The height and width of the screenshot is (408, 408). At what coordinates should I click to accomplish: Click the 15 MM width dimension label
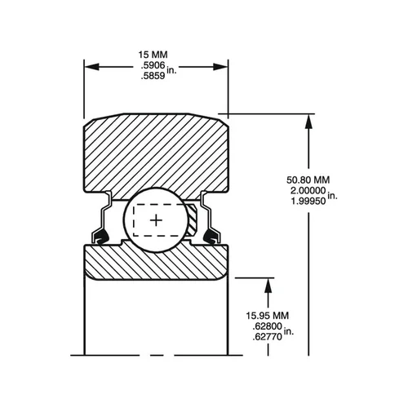(153, 55)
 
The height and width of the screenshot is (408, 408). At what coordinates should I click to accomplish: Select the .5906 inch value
(153, 65)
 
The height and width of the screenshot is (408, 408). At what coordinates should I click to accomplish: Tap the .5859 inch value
(153, 76)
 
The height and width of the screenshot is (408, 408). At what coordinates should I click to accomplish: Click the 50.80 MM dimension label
(308, 180)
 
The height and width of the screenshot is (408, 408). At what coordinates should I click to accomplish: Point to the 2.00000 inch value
(308, 190)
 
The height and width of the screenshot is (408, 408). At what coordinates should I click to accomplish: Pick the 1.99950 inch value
(308, 201)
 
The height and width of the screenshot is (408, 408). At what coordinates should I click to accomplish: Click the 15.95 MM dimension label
(268, 316)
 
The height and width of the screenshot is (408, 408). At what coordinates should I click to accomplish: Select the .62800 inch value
(268, 326)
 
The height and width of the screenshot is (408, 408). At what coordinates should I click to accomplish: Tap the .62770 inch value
(268, 337)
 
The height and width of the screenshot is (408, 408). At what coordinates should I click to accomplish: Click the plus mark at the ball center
(156, 220)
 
